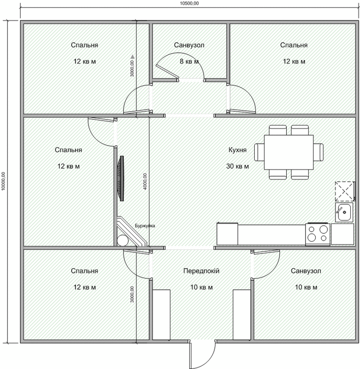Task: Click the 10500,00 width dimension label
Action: point(189,3)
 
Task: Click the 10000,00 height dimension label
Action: point(3,181)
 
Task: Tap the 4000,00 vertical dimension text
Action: point(145,182)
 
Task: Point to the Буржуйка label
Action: point(145,226)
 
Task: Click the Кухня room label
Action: point(238,150)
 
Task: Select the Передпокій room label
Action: point(202,271)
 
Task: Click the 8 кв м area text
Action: point(189,61)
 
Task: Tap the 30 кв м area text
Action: point(238,166)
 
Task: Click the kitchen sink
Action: point(344,212)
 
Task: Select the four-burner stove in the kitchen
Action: point(318,234)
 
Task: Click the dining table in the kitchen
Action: point(289,152)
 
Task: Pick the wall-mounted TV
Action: point(120,179)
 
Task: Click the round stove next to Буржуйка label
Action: point(123,241)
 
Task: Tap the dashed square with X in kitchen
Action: point(344,191)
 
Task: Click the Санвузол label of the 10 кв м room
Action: point(306,271)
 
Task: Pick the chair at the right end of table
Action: point(319,152)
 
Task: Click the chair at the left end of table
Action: point(259,152)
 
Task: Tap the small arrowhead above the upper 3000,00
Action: point(132,57)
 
